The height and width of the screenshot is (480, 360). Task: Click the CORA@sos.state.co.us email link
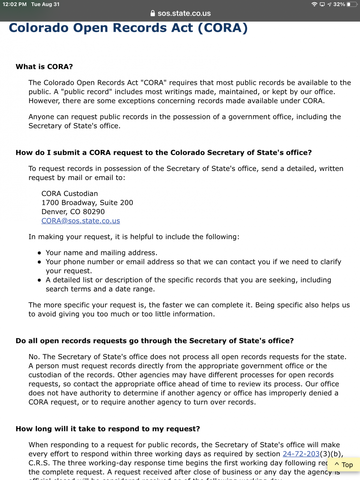(81, 221)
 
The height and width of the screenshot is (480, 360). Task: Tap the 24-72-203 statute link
(301, 454)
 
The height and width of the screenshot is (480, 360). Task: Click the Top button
(344, 465)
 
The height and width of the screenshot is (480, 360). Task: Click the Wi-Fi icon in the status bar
(314, 4)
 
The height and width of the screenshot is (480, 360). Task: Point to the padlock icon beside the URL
(153, 13)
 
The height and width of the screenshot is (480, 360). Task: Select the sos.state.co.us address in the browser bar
(184, 13)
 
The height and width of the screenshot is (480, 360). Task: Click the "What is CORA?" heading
(44, 67)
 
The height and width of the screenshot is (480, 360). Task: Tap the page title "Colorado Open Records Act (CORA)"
(128, 28)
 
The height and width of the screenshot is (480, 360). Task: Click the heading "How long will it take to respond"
(108, 429)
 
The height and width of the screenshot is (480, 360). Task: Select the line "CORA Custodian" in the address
(70, 193)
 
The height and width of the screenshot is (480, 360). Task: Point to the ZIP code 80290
(94, 212)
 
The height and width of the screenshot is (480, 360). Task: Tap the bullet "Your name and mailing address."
(101, 253)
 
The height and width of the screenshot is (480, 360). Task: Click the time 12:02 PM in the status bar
(15, 4)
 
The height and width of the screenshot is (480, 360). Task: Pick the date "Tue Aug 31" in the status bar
(45, 4)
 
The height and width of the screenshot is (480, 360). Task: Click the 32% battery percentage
(339, 4)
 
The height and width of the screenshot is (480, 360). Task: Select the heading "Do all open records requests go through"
(154, 341)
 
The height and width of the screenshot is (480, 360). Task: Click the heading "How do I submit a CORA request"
(163, 153)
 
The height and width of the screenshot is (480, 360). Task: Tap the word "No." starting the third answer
(34, 357)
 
